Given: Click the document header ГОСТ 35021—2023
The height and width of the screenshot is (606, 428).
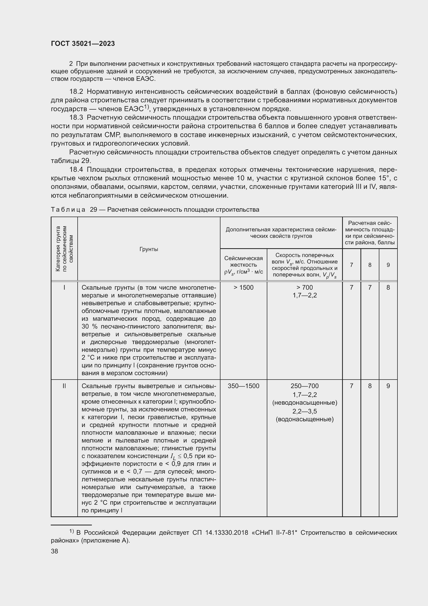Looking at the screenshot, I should [x=83, y=44].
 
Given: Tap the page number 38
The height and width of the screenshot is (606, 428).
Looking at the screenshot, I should [x=55, y=551].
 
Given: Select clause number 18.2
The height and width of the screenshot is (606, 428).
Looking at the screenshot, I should [x=76, y=91].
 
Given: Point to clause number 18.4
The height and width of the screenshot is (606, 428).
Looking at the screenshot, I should [x=76, y=169].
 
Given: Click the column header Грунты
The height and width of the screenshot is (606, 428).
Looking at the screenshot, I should [x=149, y=249].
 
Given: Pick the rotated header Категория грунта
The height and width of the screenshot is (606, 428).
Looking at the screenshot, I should [x=58, y=249].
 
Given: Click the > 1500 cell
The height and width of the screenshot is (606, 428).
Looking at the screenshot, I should [x=243, y=287].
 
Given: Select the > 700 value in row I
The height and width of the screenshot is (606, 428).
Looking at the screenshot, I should [x=304, y=287].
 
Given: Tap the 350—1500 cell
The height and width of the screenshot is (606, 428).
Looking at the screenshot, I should [x=243, y=386].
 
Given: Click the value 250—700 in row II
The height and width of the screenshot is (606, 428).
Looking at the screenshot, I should [x=304, y=386].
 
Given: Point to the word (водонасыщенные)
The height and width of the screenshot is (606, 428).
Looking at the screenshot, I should [x=304, y=419].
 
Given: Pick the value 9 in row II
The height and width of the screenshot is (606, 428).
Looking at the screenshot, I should [x=388, y=386].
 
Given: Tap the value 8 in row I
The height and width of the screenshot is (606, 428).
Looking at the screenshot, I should [x=388, y=287].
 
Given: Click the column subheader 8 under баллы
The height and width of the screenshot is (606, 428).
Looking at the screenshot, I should [x=370, y=265].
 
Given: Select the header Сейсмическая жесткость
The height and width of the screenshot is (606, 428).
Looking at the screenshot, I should [x=243, y=262].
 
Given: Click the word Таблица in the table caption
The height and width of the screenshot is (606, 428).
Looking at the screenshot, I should [x=68, y=210].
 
